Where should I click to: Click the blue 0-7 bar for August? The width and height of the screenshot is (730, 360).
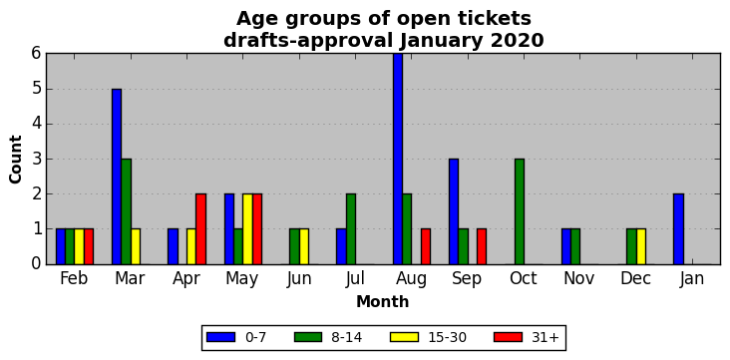pos(398,159)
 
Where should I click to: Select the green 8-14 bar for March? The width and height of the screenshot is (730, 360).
pos(127,211)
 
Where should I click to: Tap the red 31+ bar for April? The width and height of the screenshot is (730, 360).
pos(201,229)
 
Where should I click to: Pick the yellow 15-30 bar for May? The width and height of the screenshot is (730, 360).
pos(247,229)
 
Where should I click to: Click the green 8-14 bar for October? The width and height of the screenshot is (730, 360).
pos(520,211)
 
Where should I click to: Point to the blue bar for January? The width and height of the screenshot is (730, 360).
pos(678,229)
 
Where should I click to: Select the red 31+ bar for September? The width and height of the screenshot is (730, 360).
pos(482,247)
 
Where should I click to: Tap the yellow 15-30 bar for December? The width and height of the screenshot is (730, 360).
pos(641,247)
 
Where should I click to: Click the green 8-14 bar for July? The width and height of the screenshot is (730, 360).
pos(351,229)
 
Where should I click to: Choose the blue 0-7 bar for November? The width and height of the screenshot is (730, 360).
pos(566,247)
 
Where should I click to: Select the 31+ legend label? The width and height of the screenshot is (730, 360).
pos(545,337)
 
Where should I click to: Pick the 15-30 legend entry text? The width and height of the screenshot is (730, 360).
pos(448,337)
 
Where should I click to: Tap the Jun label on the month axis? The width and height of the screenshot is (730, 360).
pos(299,279)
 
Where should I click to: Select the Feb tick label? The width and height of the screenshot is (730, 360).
pos(74,278)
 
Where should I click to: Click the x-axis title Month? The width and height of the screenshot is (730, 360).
pos(383,302)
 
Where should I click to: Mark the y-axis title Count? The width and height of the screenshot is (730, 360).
pos(16,160)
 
